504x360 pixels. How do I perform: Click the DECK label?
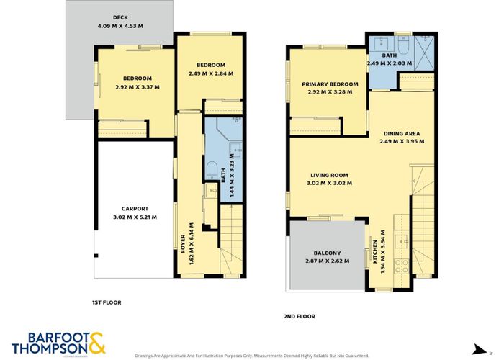click(120, 17)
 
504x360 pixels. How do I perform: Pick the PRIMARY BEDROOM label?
click(330, 84)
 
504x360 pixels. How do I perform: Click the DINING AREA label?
click(402, 132)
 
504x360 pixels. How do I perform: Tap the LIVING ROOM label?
click(330, 175)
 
